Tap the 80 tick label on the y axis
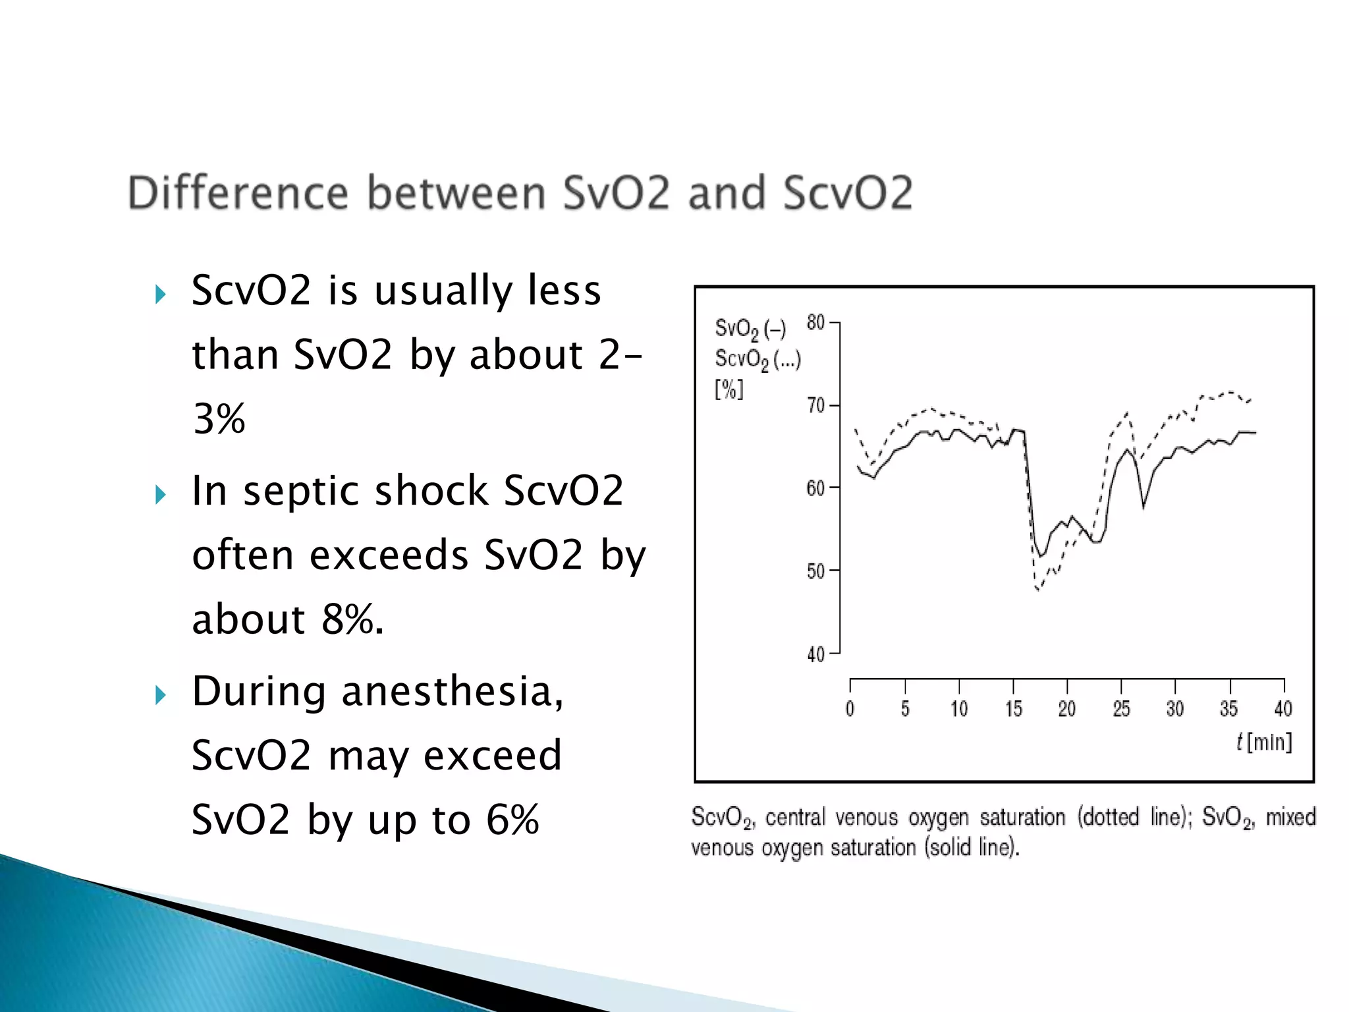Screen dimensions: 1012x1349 (815, 323)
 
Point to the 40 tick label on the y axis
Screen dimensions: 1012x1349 (815, 655)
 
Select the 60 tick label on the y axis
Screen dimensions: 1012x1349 (815, 489)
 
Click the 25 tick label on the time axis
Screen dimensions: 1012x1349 (1121, 709)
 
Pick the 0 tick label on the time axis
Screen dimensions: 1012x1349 (850, 709)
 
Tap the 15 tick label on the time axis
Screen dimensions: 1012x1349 (1014, 709)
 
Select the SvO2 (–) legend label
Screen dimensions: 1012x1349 (750, 329)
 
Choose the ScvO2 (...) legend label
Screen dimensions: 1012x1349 (757, 360)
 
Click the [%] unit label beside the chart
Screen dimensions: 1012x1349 (729, 389)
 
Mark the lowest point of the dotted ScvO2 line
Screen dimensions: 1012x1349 (1038, 590)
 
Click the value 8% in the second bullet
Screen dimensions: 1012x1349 (352, 619)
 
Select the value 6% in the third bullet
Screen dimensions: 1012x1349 (512, 820)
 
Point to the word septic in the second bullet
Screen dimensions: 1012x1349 (300, 492)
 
